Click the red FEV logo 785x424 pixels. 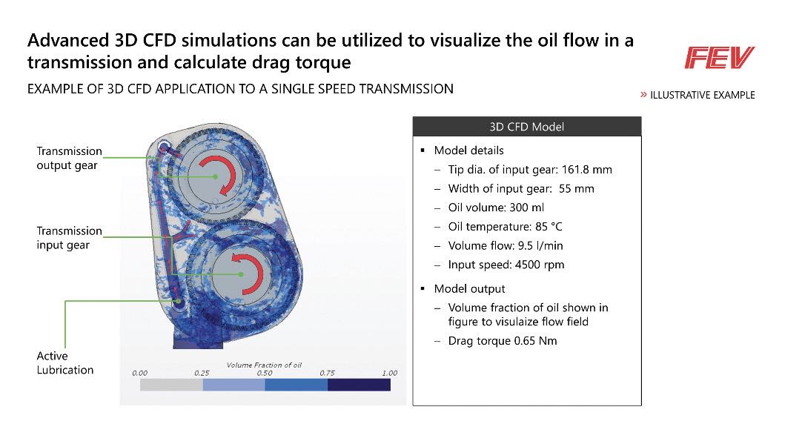pos(720,58)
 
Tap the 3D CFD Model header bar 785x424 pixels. pos(527,127)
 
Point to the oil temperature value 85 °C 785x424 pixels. pos(549,227)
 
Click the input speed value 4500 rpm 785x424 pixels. pos(540,265)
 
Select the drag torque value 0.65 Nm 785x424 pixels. pos(535,341)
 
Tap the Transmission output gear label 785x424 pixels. pos(69,158)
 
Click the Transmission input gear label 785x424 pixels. pos(69,238)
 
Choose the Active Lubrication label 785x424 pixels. pos(65,363)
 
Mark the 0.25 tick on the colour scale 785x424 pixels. pos(202,373)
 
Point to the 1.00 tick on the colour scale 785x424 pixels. pos(389,373)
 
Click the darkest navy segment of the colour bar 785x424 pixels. pos(359,385)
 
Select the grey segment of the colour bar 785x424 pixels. pos(171,385)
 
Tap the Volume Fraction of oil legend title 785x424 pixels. pos(264,365)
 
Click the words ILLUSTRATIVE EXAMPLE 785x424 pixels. pos(703,95)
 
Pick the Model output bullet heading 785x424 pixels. pos(470,289)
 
